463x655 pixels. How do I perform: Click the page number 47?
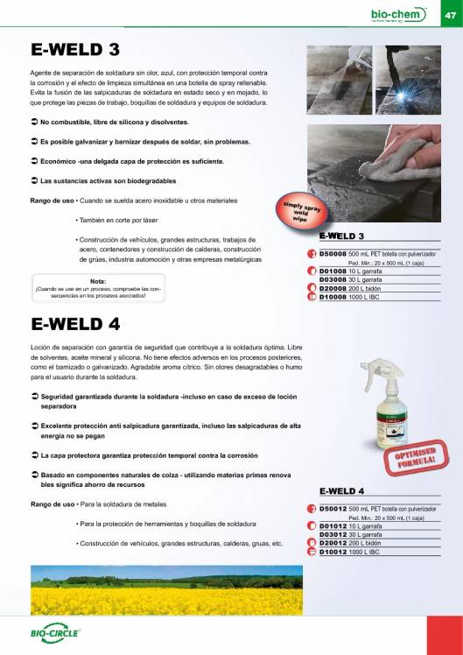450,14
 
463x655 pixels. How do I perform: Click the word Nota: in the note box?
87,280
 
